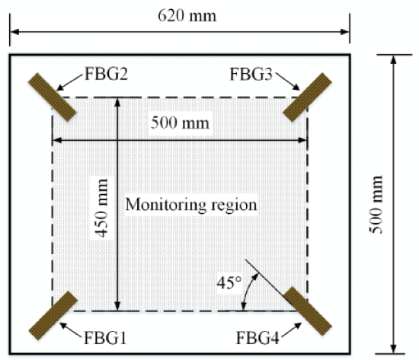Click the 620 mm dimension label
[187, 16]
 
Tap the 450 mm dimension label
[102, 208]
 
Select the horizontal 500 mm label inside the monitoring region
[180, 123]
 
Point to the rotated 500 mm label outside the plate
[376, 205]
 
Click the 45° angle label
[229, 283]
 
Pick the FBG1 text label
[105, 338]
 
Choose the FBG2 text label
[107, 74]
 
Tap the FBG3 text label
[251, 74]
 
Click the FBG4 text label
[257, 338]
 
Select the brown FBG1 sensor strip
[53, 315]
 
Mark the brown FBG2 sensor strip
[53, 97]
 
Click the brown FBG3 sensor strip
[307, 97]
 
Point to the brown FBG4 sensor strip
[308, 311]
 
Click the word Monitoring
[165, 205]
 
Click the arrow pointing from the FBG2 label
[69, 82]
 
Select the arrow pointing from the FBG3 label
[288, 81]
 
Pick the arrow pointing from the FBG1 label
[70, 330]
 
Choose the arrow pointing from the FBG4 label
[292, 330]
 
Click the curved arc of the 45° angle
[247, 291]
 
